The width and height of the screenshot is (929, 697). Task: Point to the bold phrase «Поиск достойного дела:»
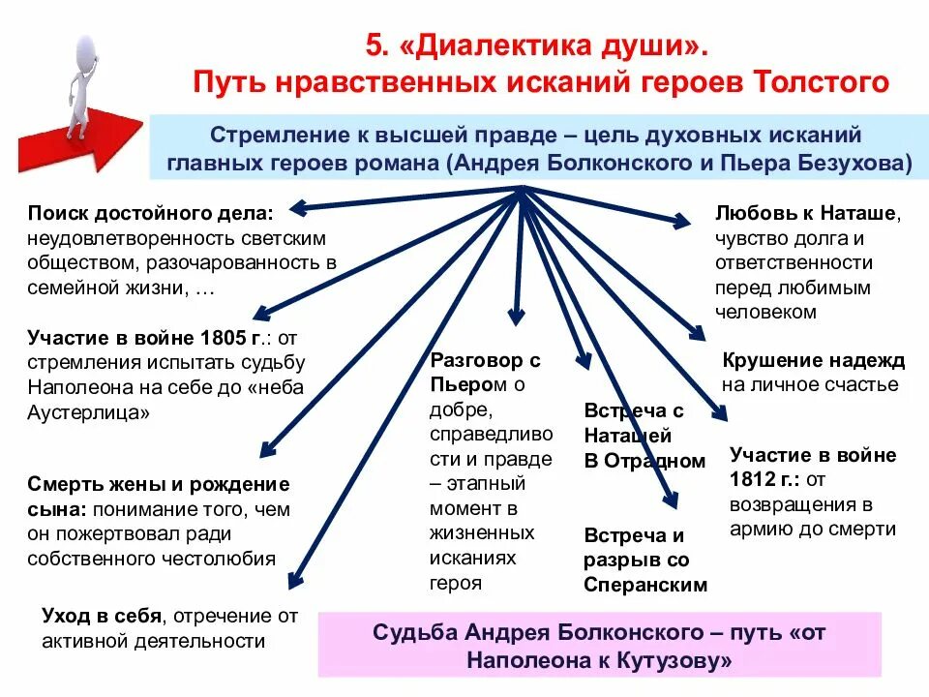(x=150, y=212)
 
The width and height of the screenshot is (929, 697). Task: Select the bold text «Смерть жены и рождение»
(x=158, y=483)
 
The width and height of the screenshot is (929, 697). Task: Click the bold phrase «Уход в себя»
(x=102, y=616)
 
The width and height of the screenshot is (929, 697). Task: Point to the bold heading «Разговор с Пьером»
(x=484, y=373)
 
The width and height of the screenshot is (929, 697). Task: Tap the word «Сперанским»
(x=645, y=585)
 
